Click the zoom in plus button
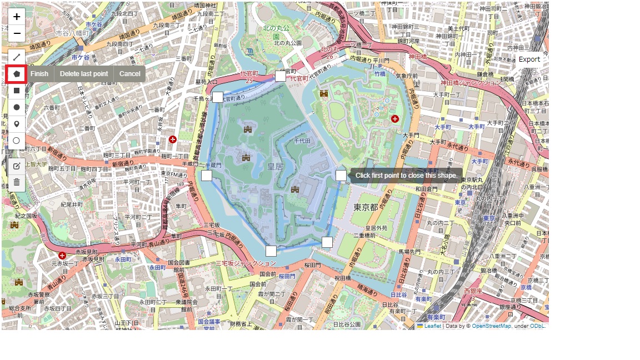17,17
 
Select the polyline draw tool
17,57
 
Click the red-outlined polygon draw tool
17,73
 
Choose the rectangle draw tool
17,90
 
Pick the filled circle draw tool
17,107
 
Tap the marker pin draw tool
17,124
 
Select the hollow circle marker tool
17,141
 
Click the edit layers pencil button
17,166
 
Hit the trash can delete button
17,182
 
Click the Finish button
39,74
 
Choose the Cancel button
129,74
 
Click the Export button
529,59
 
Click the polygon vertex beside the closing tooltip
341,176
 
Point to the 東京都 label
366,207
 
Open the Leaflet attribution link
432,326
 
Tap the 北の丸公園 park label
287,43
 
